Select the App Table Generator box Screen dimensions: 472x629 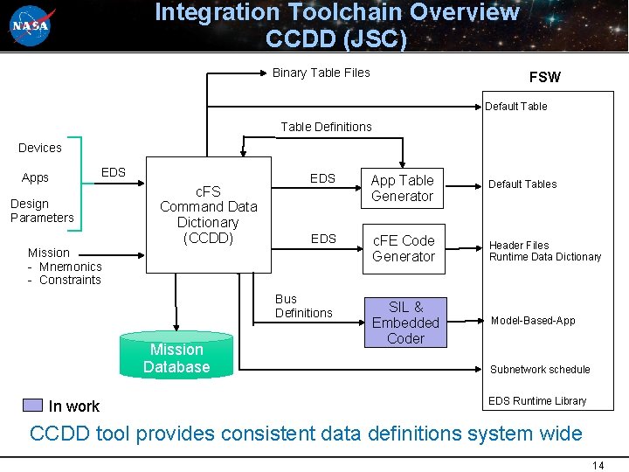point(402,188)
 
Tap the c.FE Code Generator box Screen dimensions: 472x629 point(403,248)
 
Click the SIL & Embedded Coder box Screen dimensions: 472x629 point(405,323)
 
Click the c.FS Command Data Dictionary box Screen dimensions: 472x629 point(209,215)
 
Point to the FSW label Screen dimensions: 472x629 point(544,77)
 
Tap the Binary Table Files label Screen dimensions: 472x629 point(321,73)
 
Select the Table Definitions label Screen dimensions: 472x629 point(326,127)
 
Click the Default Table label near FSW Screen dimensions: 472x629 point(515,107)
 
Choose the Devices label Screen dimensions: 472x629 point(40,148)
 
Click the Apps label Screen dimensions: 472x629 point(35,177)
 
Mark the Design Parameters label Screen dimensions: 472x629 point(42,211)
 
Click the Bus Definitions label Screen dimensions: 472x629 point(303,306)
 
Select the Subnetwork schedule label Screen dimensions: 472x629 point(540,370)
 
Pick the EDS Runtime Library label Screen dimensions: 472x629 point(537,401)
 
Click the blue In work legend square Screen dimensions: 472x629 point(32,406)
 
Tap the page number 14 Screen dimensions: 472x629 point(598,465)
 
